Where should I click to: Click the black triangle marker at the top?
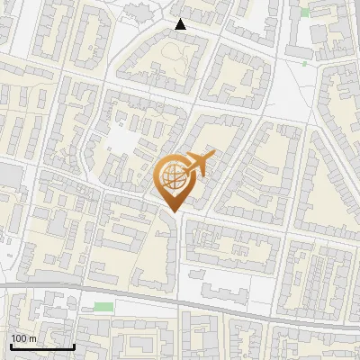180,24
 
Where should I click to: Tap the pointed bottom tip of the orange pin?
173,211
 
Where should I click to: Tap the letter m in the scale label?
32,337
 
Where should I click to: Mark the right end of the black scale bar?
74,346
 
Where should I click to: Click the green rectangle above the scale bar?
104,307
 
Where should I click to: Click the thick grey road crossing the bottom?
225,297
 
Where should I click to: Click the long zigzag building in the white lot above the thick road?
216,289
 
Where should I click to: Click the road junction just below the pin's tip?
173,220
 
